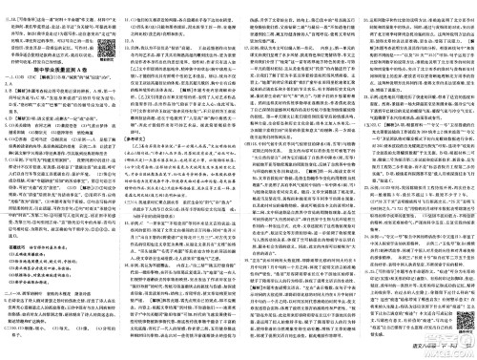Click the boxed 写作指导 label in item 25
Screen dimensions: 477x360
tap(383, 297)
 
